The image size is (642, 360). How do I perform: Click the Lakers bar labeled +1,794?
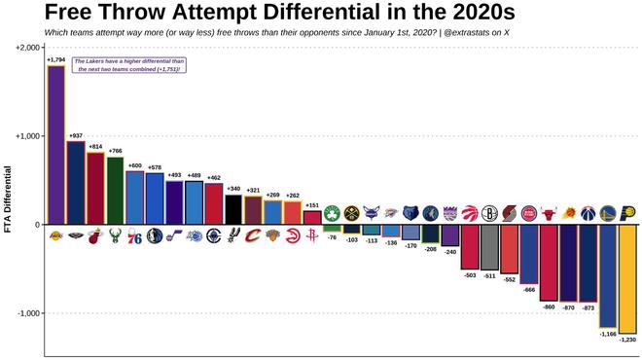pos(55,146)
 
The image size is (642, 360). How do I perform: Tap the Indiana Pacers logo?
pos(627,211)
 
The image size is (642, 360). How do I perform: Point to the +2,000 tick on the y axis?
pos(24,48)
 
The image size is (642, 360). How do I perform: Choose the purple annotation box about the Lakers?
pos(128,65)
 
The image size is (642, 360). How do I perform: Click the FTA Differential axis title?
pos(8,198)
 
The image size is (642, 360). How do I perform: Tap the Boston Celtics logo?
pos(332,211)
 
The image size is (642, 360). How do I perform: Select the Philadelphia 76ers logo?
pos(134,236)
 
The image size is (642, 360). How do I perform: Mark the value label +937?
pos(75,135)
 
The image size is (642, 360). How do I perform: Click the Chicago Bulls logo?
pos(549,211)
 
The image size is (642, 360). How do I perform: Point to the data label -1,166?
pos(607,334)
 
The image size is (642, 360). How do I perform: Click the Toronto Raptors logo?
pos(470,211)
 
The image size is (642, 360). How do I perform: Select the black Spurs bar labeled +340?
pos(233,209)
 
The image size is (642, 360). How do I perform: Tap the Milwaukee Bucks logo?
pos(115,236)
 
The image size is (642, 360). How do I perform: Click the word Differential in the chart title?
pos(352,14)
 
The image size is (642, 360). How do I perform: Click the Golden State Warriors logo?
pos(607,211)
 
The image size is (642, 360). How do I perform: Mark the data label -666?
pos(529,290)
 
